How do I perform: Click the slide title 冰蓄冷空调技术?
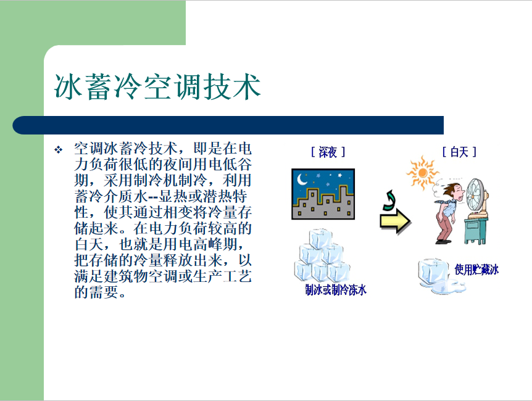click(x=157, y=86)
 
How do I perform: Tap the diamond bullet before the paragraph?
click(x=59, y=150)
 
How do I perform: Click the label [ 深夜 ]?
click(x=328, y=152)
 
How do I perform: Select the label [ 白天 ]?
click(x=459, y=152)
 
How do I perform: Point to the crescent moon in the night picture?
click(x=302, y=179)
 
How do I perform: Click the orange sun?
click(x=422, y=173)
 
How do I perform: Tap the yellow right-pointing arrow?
click(x=395, y=221)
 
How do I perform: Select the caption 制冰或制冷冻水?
click(x=336, y=290)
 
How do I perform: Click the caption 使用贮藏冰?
click(x=476, y=270)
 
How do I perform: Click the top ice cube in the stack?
click(x=321, y=239)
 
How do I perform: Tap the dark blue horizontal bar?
click(x=228, y=125)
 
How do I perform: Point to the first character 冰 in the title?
click(x=68, y=87)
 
